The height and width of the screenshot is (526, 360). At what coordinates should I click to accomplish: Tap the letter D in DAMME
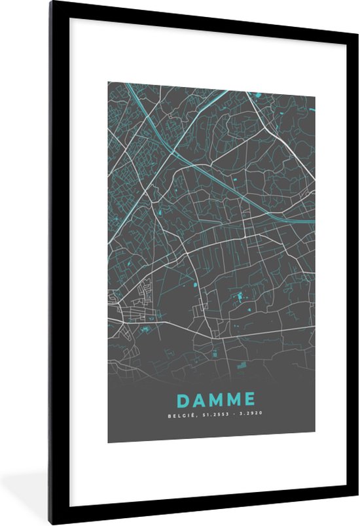coord(181,398)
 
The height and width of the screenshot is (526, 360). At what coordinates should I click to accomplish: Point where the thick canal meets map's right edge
coord(314,221)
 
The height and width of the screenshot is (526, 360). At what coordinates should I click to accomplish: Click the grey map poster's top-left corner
coord(108,82)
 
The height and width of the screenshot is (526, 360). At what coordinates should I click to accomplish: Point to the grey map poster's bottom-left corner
coord(108,443)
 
